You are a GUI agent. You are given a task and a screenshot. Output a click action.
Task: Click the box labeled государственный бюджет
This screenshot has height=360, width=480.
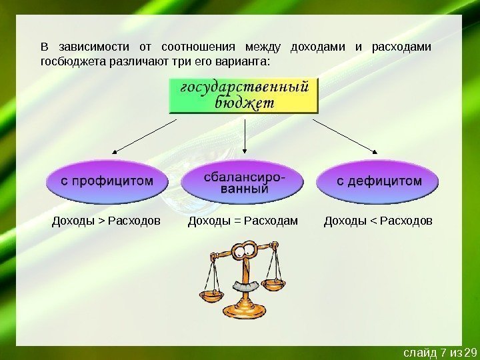point(244,95)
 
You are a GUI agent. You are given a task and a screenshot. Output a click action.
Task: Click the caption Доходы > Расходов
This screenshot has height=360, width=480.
point(106,220)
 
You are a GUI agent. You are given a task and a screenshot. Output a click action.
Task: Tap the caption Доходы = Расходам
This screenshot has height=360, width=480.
point(243,220)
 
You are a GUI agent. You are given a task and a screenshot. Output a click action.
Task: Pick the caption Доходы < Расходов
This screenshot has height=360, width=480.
point(378,220)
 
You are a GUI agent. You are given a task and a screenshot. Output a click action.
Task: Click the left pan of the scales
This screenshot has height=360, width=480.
point(212,292)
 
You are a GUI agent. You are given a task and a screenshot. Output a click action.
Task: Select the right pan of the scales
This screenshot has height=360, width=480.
point(273,285)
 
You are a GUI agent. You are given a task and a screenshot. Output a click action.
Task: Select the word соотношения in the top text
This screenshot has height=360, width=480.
point(199,47)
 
